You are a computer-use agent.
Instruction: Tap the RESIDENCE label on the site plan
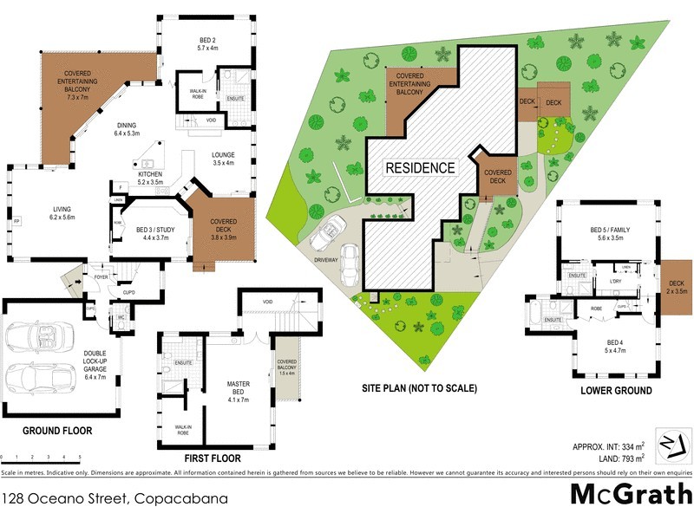[x=420, y=167]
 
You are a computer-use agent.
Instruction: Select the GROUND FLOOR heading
[x=57, y=430]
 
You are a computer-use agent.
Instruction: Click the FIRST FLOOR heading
[x=212, y=458]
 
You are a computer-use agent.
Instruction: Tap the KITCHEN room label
[x=150, y=178]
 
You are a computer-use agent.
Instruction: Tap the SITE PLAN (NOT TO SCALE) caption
[x=419, y=388]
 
